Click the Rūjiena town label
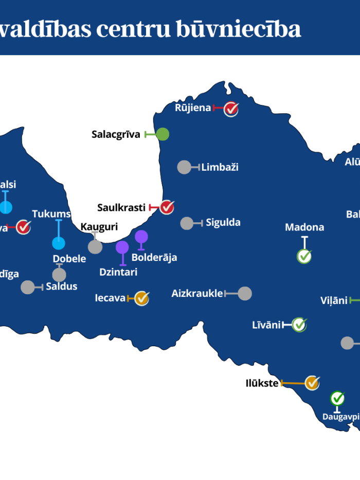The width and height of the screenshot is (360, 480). tap(193, 108)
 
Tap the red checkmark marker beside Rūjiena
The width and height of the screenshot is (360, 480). tap(231, 109)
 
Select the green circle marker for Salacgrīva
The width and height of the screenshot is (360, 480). tap(163, 134)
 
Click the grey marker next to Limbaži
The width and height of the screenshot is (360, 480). tap(184, 167)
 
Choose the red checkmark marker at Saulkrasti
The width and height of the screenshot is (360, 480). tap(167, 207)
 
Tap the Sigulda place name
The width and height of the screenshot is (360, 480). tap(223, 223)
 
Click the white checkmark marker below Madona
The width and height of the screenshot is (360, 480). tap(304, 256)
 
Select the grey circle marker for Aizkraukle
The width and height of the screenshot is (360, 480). tap(245, 294)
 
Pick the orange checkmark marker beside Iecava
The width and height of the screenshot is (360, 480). tap(141, 298)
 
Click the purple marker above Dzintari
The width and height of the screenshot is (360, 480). tap(122, 247)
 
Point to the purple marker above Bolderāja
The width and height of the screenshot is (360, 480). tap(141, 237)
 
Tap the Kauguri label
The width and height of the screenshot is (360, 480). tap(99, 227)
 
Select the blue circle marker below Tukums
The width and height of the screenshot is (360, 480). tap(59, 243)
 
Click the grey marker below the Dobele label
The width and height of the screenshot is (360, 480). tap(59, 275)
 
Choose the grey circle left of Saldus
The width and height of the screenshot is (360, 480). tap(28, 287)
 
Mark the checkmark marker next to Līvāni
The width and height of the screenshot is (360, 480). tap(299, 325)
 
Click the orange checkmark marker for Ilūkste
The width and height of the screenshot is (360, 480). tap(312, 383)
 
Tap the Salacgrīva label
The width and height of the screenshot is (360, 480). tap(116, 135)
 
